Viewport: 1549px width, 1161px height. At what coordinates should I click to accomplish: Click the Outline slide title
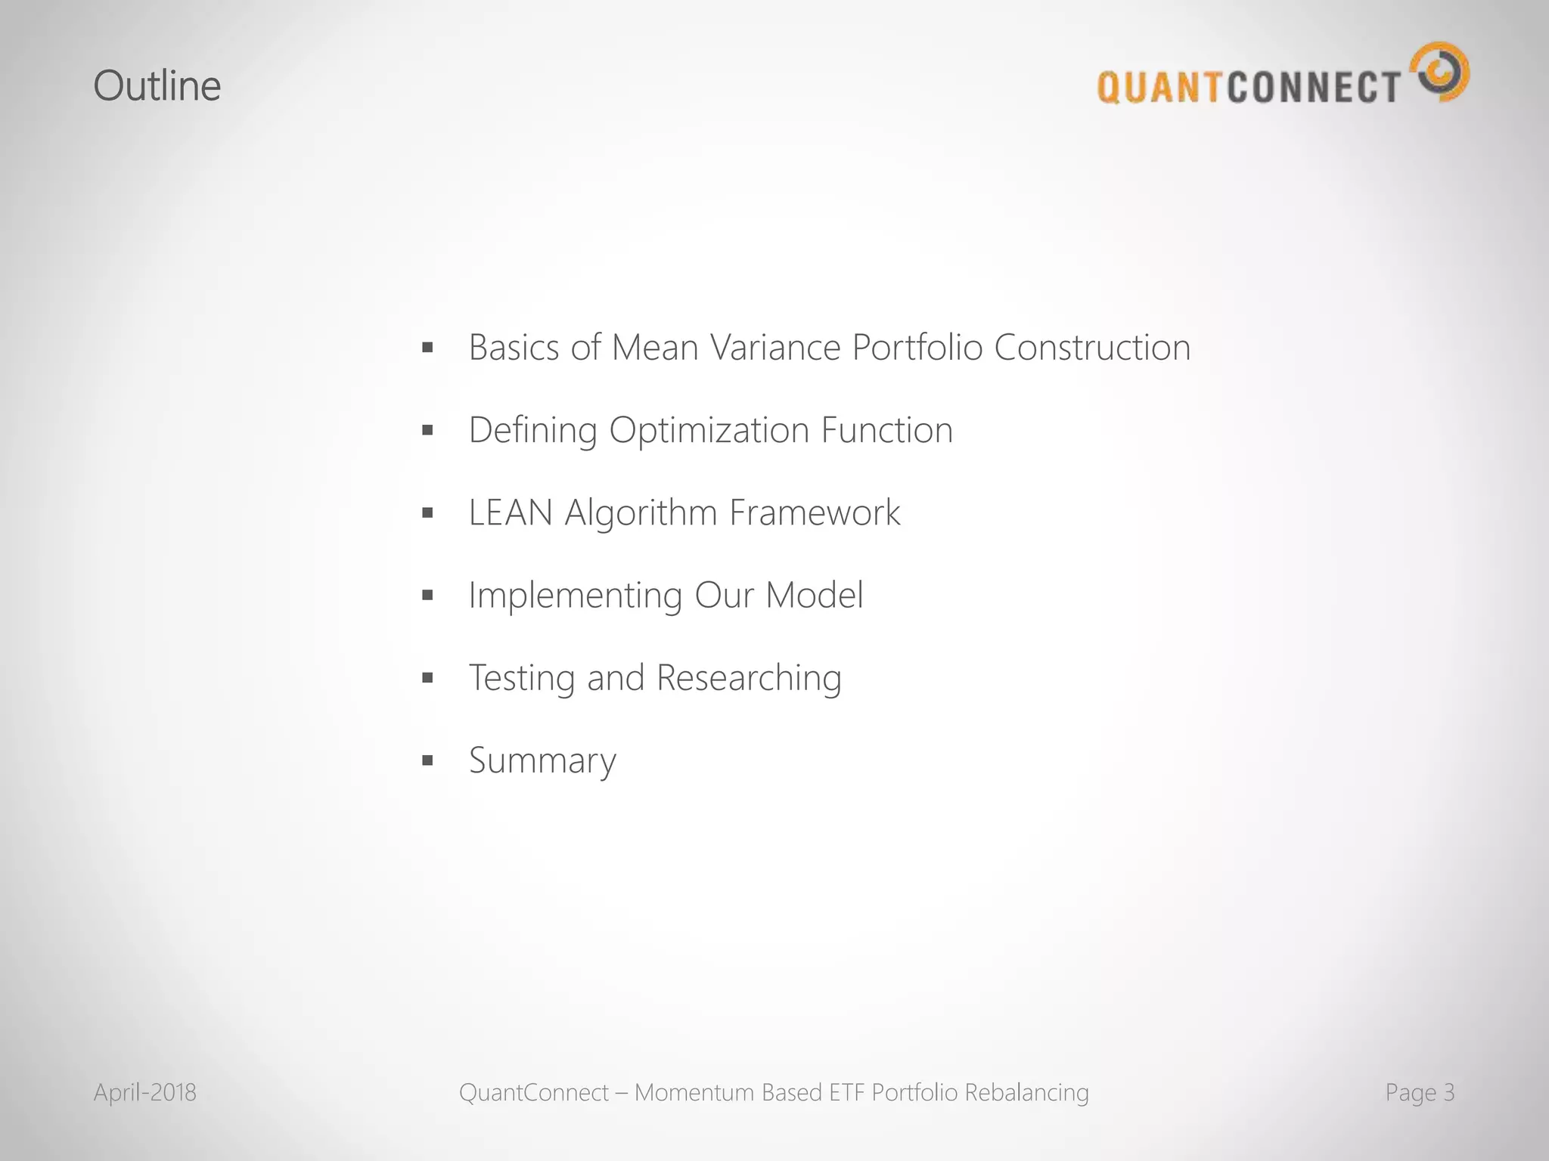pyautogui.click(x=157, y=85)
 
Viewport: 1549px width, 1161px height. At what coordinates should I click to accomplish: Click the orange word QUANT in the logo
pyautogui.click(x=1160, y=87)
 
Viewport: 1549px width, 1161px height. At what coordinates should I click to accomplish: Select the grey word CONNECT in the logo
pyautogui.click(x=1315, y=87)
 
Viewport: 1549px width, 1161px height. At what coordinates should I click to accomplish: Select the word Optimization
pyautogui.click(x=709, y=431)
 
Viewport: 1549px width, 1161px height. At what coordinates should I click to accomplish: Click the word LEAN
pyautogui.click(x=511, y=512)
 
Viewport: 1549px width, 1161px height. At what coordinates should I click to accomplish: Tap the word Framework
pyautogui.click(x=815, y=512)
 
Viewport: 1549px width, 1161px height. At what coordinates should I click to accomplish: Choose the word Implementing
pyautogui.click(x=576, y=596)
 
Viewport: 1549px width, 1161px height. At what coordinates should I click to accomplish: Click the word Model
pyautogui.click(x=814, y=595)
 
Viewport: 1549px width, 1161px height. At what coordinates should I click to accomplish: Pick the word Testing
pyautogui.click(x=521, y=678)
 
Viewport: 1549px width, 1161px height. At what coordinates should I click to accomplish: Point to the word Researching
pyautogui.click(x=749, y=678)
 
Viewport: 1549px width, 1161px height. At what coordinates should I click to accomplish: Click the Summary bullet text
pyautogui.click(x=542, y=760)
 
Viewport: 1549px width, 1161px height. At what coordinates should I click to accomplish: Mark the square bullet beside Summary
pyautogui.click(x=427, y=760)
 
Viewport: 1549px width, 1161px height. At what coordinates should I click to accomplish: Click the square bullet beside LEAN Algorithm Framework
pyautogui.click(x=427, y=513)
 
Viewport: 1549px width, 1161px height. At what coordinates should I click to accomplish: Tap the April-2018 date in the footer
pyautogui.click(x=144, y=1092)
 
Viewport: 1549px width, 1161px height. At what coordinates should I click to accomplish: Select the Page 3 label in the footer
pyautogui.click(x=1420, y=1092)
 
